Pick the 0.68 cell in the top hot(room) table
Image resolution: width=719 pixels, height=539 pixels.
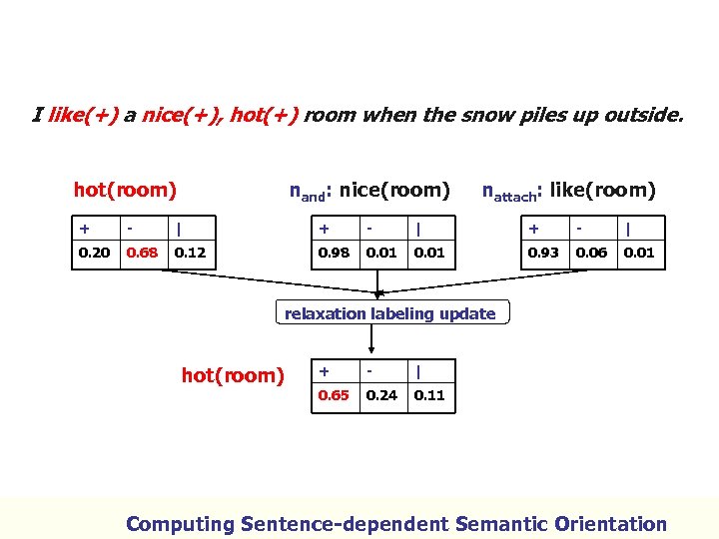(142, 253)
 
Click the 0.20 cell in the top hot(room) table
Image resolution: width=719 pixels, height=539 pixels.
(95, 253)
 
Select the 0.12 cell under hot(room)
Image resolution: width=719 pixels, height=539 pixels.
(190, 253)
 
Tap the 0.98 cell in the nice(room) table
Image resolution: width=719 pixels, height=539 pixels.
(334, 253)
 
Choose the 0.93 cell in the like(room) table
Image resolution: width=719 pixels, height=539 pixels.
(543, 253)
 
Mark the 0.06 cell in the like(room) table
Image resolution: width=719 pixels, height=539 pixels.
(591, 253)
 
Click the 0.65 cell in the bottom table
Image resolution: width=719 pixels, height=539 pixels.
(334, 395)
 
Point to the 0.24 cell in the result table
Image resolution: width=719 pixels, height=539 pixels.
(381, 395)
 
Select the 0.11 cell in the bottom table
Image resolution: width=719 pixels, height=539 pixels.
(429, 395)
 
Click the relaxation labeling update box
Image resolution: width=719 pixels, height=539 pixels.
(389, 313)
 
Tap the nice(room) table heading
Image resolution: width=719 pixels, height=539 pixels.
(369, 190)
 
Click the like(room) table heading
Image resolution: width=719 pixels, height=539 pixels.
(568, 190)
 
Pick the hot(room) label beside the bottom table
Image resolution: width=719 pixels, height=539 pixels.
(233, 375)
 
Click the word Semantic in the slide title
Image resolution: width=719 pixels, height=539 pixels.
(506, 523)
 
